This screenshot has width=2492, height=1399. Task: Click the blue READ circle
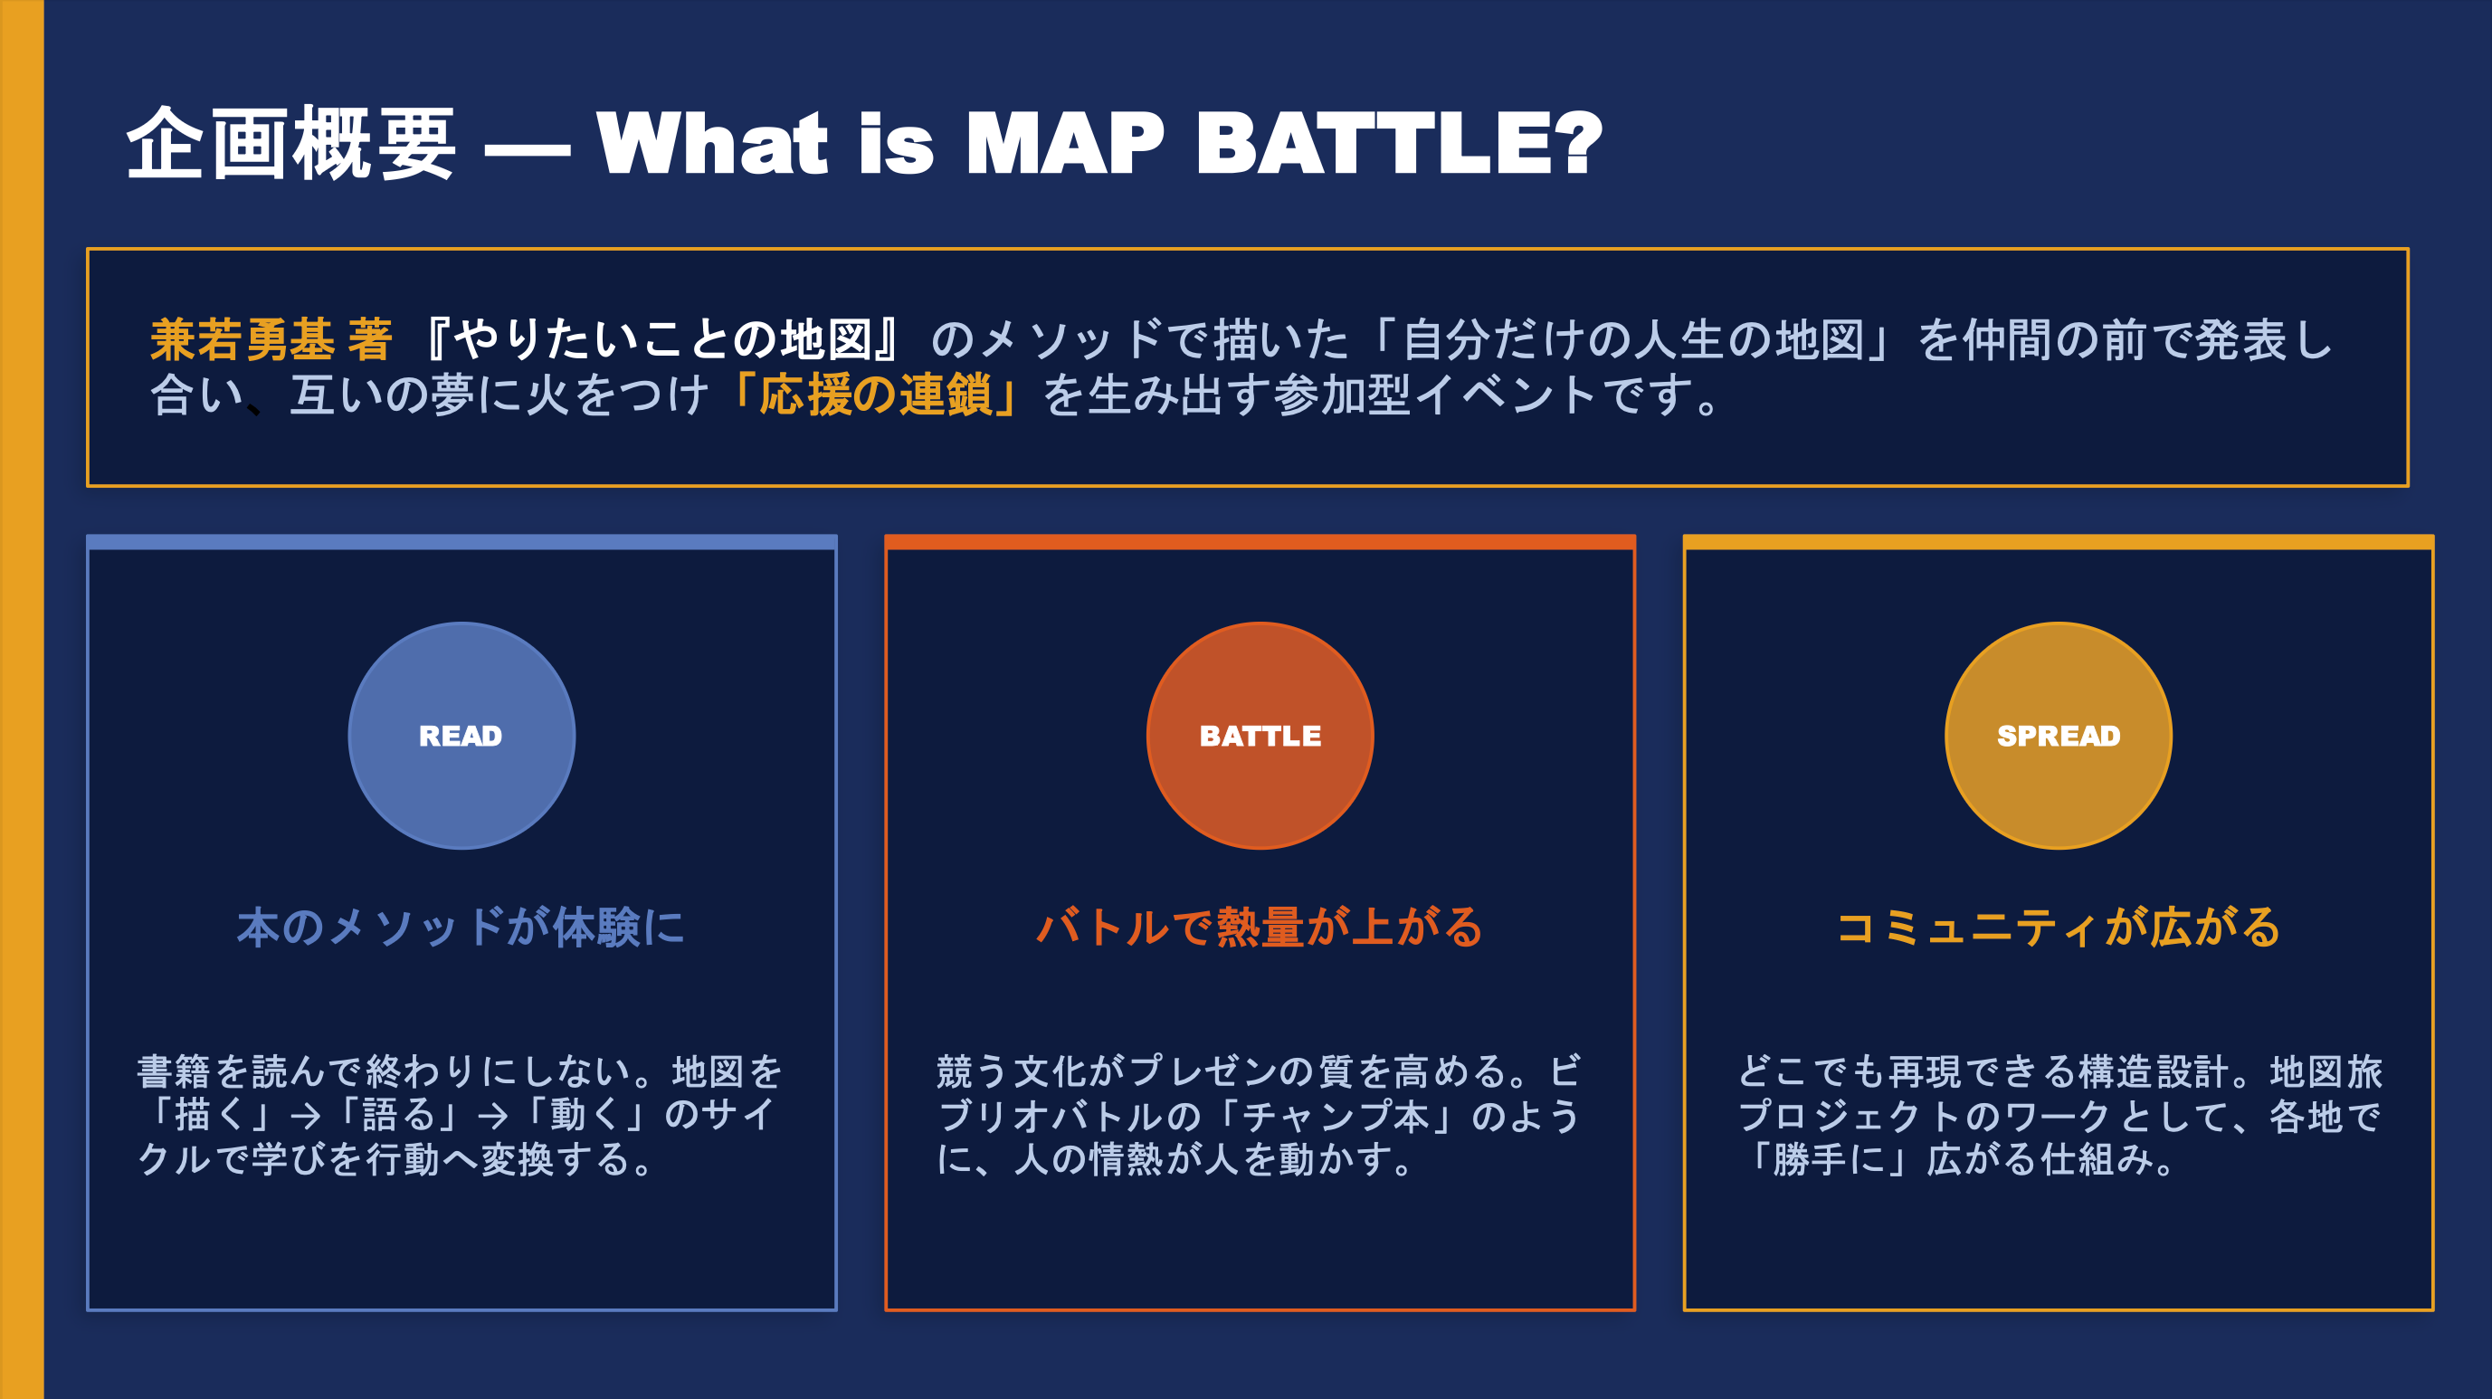461,736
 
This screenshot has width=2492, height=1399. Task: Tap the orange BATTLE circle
1260,736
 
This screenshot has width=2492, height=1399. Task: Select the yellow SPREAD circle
2058,736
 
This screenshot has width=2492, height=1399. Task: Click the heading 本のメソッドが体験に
461,927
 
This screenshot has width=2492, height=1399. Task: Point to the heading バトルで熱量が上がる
1260,927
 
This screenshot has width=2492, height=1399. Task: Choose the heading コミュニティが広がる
2058,927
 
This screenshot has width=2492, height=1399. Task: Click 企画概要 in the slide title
291,143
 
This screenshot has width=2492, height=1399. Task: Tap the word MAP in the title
1065,143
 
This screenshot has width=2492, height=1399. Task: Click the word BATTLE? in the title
1400,143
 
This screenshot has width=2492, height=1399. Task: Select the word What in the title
713,143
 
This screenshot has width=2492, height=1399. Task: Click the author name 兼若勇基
242,339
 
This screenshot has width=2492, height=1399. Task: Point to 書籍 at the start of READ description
174,1071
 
